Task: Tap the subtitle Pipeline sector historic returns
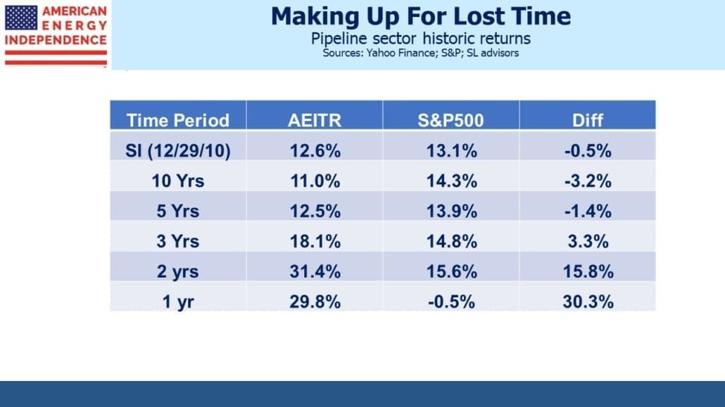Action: tap(421, 39)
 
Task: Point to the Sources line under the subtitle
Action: tap(421, 53)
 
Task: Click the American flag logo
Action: tap(21, 18)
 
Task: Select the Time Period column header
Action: tap(178, 121)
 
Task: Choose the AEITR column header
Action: tap(315, 121)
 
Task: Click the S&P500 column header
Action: tap(450, 121)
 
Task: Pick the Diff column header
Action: tap(588, 121)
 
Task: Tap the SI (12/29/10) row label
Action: tap(178, 151)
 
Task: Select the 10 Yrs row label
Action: tap(178, 181)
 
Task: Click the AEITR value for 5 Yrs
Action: tap(315, 211)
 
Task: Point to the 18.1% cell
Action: tap(315, 241)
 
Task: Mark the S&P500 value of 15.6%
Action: tap(451, 271)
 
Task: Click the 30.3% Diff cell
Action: tap(588, 302)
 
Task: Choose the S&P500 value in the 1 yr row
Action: tap(451, 302)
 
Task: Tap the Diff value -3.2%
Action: tap(588, 181)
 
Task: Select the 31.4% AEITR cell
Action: tap(315, 271)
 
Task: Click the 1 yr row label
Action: tap(178, 302)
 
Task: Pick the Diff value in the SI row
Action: tap(588, 151)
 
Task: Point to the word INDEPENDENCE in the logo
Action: tap(56, 40)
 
